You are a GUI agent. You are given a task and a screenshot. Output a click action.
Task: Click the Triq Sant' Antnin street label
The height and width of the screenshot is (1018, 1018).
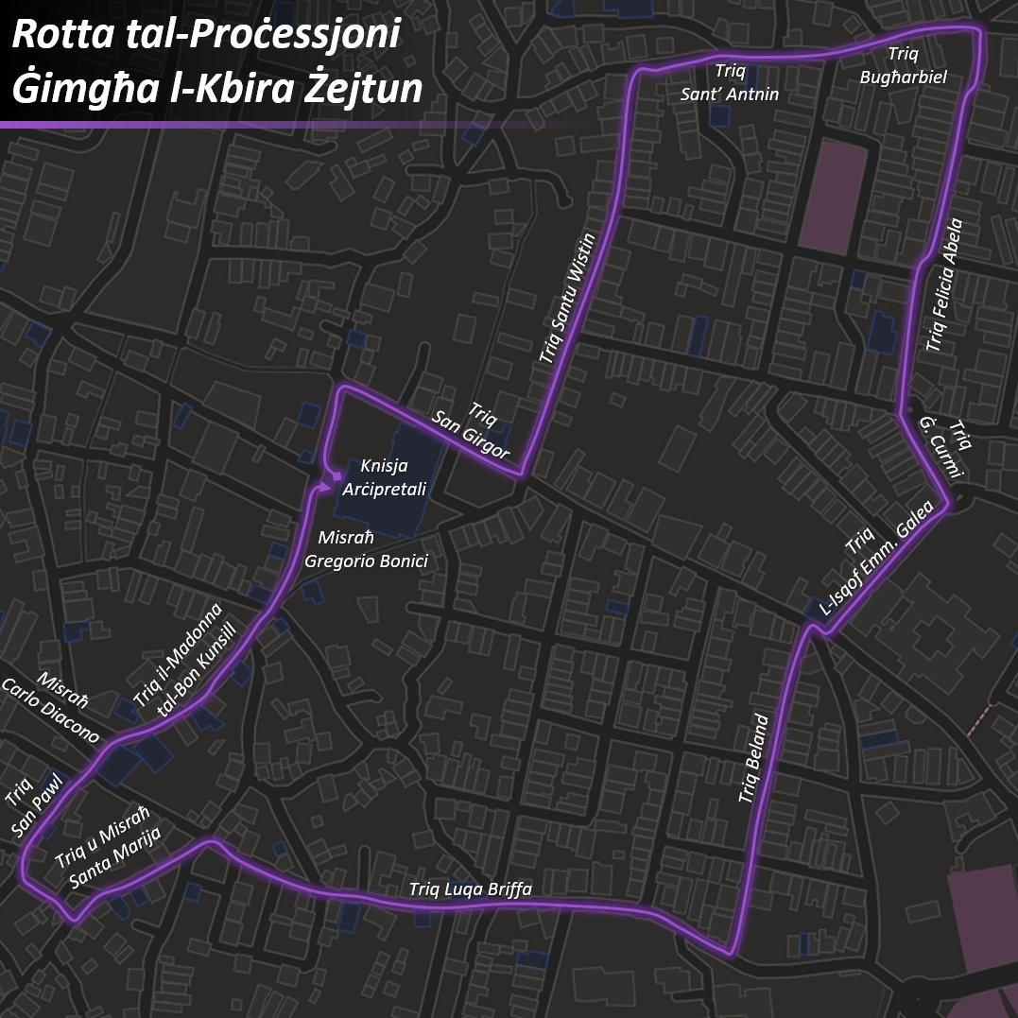click(729, 82)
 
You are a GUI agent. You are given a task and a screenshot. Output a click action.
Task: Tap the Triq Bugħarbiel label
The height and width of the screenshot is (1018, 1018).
click(903, 65)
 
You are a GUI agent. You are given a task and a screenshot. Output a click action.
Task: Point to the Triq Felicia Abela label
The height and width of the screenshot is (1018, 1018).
click(944, 285)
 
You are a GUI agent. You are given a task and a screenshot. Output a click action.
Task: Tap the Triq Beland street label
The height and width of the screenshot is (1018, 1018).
click(754, 760)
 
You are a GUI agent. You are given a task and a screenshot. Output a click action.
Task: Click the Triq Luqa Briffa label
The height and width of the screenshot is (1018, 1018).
click(470, 889)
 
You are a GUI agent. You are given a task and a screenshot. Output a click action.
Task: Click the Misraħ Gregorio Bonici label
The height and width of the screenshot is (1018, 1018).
click(366, 549)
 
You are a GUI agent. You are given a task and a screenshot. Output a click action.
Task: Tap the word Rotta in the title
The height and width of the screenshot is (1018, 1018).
click(60, 37)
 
